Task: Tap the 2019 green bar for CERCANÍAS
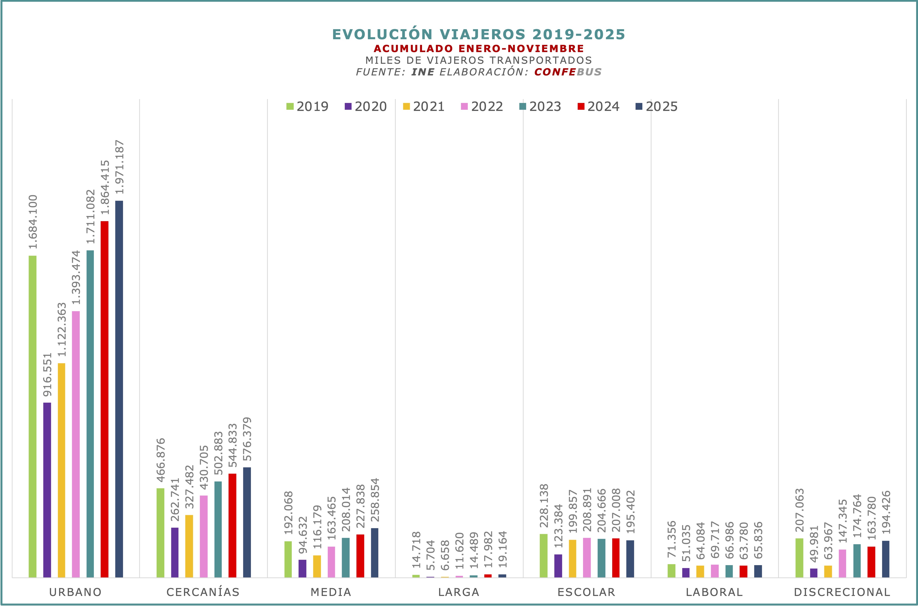tap(160, 533)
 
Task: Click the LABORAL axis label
tap(714, 592)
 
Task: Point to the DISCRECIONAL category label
tap(842, 592)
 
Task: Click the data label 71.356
tap(672, 539)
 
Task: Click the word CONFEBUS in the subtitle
tap(568, 72)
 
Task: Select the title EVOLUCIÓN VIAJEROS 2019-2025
tap(478, 34)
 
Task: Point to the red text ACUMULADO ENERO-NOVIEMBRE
tap(478, 49)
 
